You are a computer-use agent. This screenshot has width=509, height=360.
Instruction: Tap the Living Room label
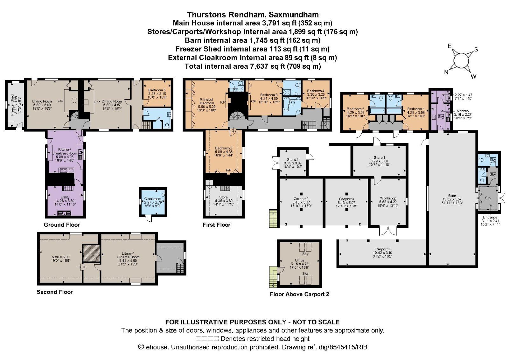pyautogui.click(x=42, y=101)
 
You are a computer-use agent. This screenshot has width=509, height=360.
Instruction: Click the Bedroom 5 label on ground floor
pyautogui.click(x=157, y=90)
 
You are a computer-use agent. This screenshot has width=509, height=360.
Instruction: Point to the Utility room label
pyautogui.click(x=65, y=197)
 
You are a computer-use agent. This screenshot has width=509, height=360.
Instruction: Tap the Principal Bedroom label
pyautogui.click(x=207, y=101)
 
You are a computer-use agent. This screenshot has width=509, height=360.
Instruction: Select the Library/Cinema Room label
pyautogui.click(x=128, y=255)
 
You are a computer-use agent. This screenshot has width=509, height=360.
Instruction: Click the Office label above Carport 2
pyautogui.click(x=299, y=260)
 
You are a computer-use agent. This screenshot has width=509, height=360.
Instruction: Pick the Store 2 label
pyautogui.click(x=293, y=160)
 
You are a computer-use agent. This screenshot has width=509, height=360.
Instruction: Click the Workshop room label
pyautogui.click(x=388, y=198)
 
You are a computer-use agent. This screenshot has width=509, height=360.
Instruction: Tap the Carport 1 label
pyautogui.click(x=382, y=249)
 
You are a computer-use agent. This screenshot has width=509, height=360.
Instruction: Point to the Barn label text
pyautogui.click(x=452, y=196)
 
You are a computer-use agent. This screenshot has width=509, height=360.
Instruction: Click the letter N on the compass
pyautogui.click(x=446, y=72)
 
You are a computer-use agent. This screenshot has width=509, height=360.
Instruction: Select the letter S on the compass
pyautogui.click(x=476, y=49)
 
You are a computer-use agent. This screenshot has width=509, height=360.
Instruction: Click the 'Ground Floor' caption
pyautogui.click(x=62, y=225)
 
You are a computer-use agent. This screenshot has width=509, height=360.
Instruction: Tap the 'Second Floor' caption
pyautogui.click(x=55, y=292)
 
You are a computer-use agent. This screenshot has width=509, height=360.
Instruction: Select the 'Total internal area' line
pyautogui.click(x=253, y=66)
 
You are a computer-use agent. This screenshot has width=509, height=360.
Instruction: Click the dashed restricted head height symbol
pyautogui.click(x=207, y=339)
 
